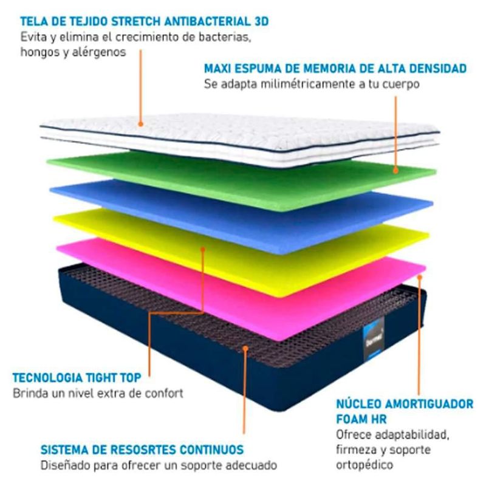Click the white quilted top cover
tap(243, 137)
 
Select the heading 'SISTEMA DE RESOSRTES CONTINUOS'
tap(142, 450)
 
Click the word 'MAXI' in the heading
tap(217, 69)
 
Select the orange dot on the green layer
tap(396, 170)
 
